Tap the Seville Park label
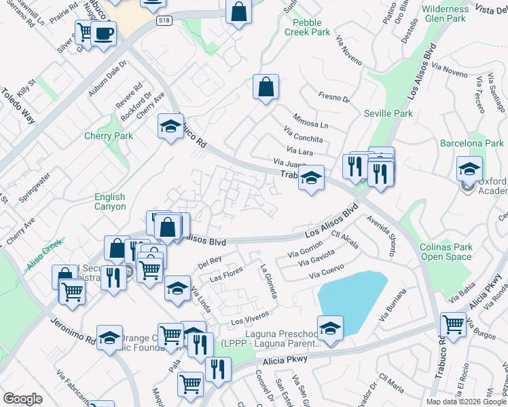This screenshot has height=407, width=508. click(388, 113)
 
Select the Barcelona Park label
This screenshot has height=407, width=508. click(472, 143)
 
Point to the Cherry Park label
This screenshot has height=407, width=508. click(109, 136)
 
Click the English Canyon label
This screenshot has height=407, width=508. click(110, 201)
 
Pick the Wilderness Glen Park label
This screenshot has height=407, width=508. click(445, 14)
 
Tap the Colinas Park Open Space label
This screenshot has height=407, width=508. click(446, 252)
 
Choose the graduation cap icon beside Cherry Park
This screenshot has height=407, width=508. click(170, 125)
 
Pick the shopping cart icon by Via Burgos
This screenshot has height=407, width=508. click(453, 324)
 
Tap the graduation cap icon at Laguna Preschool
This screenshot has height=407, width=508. click(330, 328)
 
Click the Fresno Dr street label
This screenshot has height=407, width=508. click(333, 99)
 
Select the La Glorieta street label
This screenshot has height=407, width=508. click(269, 281)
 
